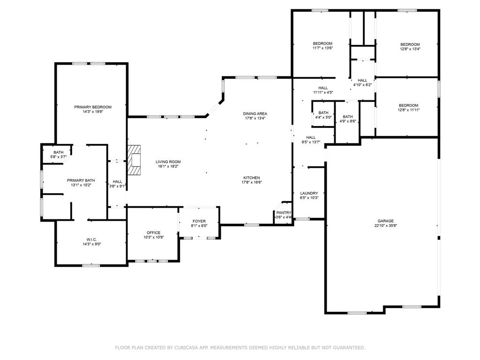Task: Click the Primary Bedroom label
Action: (x=93, y=107)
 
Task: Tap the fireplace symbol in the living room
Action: (x=135, y=160)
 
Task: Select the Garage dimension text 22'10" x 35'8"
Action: (x=386, y=225)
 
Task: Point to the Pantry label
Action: (x=284, y=212)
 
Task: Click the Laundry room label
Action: (x=309, y=193)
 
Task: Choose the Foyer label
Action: (x=199, y=221)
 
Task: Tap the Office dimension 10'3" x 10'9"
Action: (x=153, y=237)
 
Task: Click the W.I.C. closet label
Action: (x=91, y=239)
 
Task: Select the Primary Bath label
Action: (x=81, y=180)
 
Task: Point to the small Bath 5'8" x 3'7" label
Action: (x=58, y=152)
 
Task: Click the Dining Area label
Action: (x=255, y=113)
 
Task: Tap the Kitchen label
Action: (x=251, y=178)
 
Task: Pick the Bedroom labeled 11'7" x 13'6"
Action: (x=322, y=44)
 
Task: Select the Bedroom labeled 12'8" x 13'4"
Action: (x=410, y=44)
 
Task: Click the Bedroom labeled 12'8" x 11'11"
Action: (x=408, y=105)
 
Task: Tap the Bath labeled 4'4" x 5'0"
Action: (x=323, y=112)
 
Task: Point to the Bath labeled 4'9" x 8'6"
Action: (x=347, y=117)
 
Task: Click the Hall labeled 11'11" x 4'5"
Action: (x=323, y=88)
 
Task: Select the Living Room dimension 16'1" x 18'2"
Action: (x=168, y=166)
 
